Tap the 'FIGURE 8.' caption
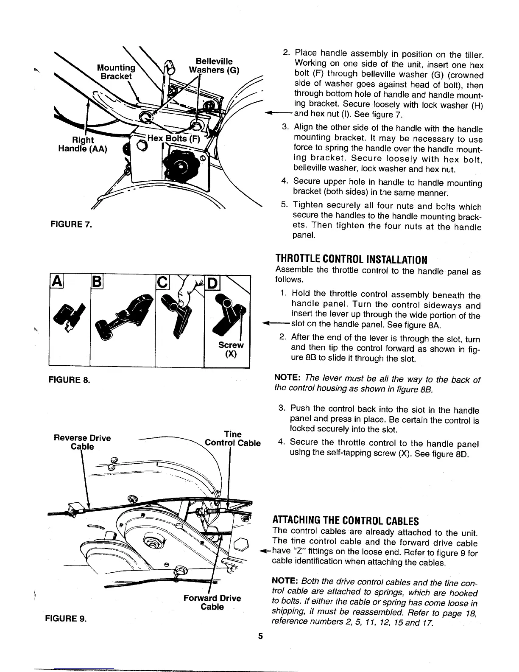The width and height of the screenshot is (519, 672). coord(68,379)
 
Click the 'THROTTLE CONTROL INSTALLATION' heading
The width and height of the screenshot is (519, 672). coord(351,259)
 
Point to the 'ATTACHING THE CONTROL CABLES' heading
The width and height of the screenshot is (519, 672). coord(345,521)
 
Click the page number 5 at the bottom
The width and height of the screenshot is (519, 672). coord(261,636)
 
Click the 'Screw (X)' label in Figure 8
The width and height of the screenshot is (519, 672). coord(231,350)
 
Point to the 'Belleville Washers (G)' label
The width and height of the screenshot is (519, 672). coord(214,65)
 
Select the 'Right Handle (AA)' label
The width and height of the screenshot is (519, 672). coord(83,144)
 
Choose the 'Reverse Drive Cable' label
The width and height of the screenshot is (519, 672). coord(82,442)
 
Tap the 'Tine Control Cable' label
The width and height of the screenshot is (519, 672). coord(232,439)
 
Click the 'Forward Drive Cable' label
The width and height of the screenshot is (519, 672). coord(212,602)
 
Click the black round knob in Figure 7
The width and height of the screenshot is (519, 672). coord(180,165)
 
